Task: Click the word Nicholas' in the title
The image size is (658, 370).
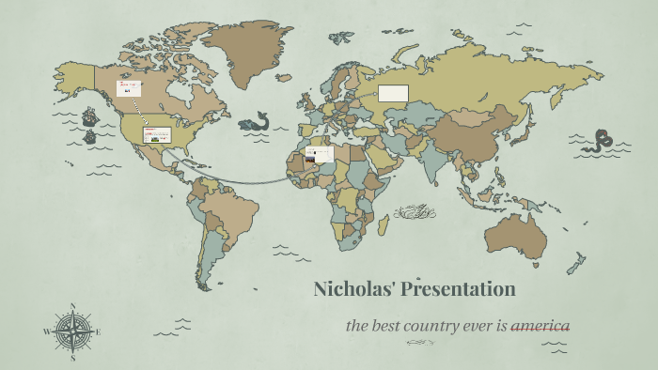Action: (354, 289)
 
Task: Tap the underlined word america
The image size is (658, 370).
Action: (540, 327)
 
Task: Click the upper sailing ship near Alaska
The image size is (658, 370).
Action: (90, 117)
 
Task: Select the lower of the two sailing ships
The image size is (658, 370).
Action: (90, 137)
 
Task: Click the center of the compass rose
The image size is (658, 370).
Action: (71, 331)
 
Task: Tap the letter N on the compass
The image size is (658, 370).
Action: (72, 305)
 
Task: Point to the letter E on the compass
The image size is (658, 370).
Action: (98, 331)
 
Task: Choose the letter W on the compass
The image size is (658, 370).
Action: (45, 331)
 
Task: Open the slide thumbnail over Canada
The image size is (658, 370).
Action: (128, 88)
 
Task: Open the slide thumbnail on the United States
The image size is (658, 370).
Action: (156, 134)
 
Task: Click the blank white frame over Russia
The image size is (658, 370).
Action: (394, 93)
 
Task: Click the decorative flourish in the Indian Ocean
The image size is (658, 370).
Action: (415, 214)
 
